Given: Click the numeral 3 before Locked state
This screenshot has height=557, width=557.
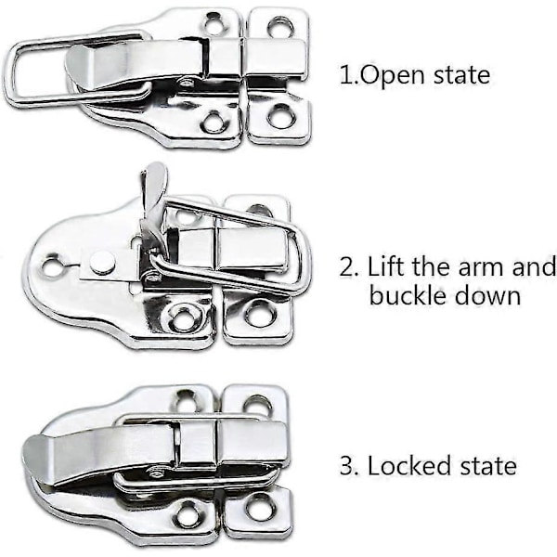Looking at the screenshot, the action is (346, 466).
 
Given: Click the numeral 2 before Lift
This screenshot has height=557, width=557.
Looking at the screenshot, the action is (346, 267).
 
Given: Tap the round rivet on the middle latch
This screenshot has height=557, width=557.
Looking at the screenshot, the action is (103, 262).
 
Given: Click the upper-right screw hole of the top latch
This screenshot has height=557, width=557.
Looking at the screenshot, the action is (281, 26).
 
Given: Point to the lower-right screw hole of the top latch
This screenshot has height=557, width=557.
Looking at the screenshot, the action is (280, 116).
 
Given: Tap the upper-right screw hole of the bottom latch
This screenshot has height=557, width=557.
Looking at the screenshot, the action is (256, 402).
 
